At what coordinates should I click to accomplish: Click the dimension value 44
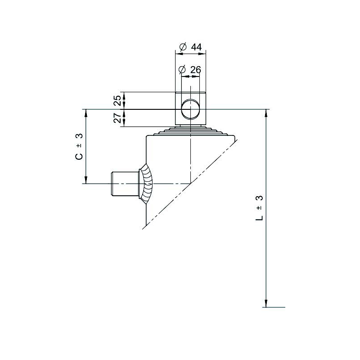click(x=196, y=47)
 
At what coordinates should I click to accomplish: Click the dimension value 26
click(x=196, y=70)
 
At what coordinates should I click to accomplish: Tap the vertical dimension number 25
click(x=118, y=100)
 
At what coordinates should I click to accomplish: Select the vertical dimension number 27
click(x=118, y=118)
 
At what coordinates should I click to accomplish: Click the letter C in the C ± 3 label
click(x=79, y=156)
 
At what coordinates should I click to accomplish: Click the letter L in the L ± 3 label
click(x=259, y=218)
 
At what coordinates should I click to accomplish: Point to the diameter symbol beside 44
click(x=183, y=47)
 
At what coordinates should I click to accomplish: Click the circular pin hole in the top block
click(x=190, y=109)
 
